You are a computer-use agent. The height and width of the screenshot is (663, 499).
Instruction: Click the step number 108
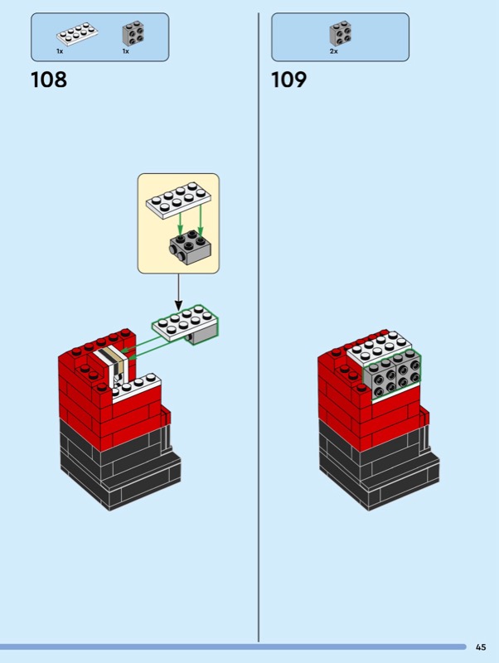(x=49, y=80)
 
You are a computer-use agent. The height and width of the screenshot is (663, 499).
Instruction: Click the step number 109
(x=289, y=80)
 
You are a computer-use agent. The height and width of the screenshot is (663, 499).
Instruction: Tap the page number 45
(x=482, y=647)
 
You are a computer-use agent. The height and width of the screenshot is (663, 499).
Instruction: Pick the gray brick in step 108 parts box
(x=133, y=33)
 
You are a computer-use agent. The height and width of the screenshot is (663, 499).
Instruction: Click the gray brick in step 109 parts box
(x=340, y=33)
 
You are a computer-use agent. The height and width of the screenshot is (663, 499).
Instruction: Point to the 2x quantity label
(x=333, y=51)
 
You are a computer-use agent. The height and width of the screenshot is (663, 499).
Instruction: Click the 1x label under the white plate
(x=60, y=51)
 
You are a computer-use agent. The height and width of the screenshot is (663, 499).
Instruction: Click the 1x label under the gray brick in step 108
(x=126, y=51)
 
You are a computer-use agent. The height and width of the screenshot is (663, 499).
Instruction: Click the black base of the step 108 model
(x=116, y=464)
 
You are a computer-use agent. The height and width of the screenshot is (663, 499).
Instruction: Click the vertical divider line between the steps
(x=259, y=331)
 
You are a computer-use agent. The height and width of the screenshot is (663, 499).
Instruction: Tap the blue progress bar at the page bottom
(x=232, y=646)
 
